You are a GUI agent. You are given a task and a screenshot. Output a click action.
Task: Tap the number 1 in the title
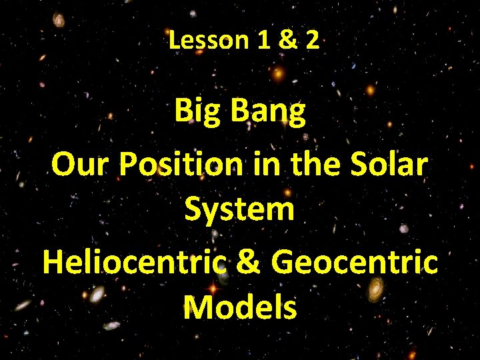click(262, 41)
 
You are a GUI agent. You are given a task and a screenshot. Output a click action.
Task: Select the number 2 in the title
click(312, 41)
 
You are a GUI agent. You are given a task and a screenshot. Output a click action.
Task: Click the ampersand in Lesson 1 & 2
click(287, 41)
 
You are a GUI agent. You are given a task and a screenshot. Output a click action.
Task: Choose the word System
click(240, 209)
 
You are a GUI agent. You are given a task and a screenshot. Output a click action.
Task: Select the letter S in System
click(193, 209)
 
